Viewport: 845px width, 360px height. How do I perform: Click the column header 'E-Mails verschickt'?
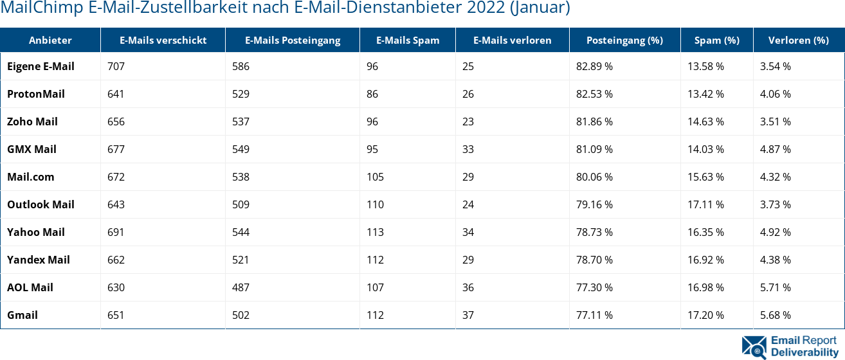(163, 40)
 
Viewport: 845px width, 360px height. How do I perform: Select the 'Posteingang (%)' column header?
(624, 40)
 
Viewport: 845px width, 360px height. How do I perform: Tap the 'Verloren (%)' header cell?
(798, 40)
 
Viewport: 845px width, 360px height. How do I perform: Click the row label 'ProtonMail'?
(36, 94)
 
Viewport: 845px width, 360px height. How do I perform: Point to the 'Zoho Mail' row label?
(32, 122)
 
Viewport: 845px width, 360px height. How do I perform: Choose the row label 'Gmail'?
(23, 315)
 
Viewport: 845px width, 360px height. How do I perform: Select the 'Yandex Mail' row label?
(39, 260)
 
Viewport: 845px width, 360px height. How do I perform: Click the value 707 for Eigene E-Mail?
(116, 66)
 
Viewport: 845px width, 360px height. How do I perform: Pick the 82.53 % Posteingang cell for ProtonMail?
(594, 94)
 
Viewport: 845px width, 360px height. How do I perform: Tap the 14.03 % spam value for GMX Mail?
(705, 149)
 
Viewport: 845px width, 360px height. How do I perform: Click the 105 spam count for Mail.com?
(375, 177)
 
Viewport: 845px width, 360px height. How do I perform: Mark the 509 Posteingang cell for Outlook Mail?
(241, 204)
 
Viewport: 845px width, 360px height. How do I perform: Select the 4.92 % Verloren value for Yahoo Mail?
(775, 232)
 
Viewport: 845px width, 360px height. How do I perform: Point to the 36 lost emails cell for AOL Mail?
(468, 287)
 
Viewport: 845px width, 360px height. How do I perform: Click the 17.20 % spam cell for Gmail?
(705, 315)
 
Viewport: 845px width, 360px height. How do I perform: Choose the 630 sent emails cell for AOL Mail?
(116, 287)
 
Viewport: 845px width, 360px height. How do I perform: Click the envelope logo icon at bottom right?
(754, 346)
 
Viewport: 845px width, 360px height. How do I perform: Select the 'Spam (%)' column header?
(716, 40)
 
